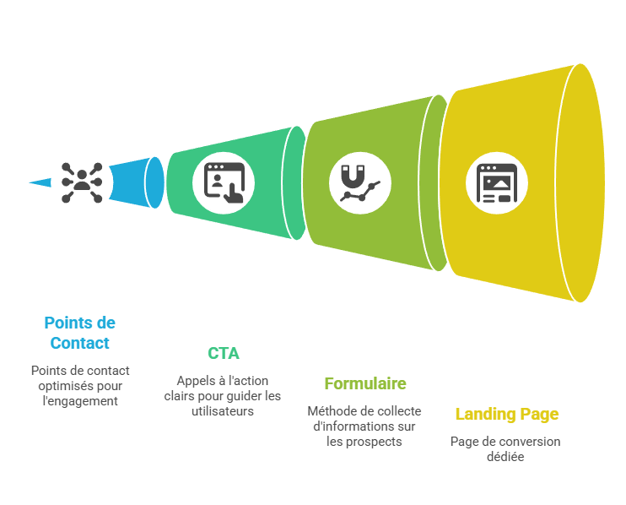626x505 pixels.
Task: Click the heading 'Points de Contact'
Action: click(79, 333)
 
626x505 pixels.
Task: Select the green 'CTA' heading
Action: click(224, 353)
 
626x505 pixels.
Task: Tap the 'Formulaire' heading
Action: click(364, 383)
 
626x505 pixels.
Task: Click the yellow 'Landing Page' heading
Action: click(506, 414)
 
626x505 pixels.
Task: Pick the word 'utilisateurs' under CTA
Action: click(224, 411)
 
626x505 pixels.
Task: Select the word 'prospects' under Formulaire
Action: click(375, 442)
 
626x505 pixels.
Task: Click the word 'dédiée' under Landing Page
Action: click(505, 457)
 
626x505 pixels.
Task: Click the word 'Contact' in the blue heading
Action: click(79, 344)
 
